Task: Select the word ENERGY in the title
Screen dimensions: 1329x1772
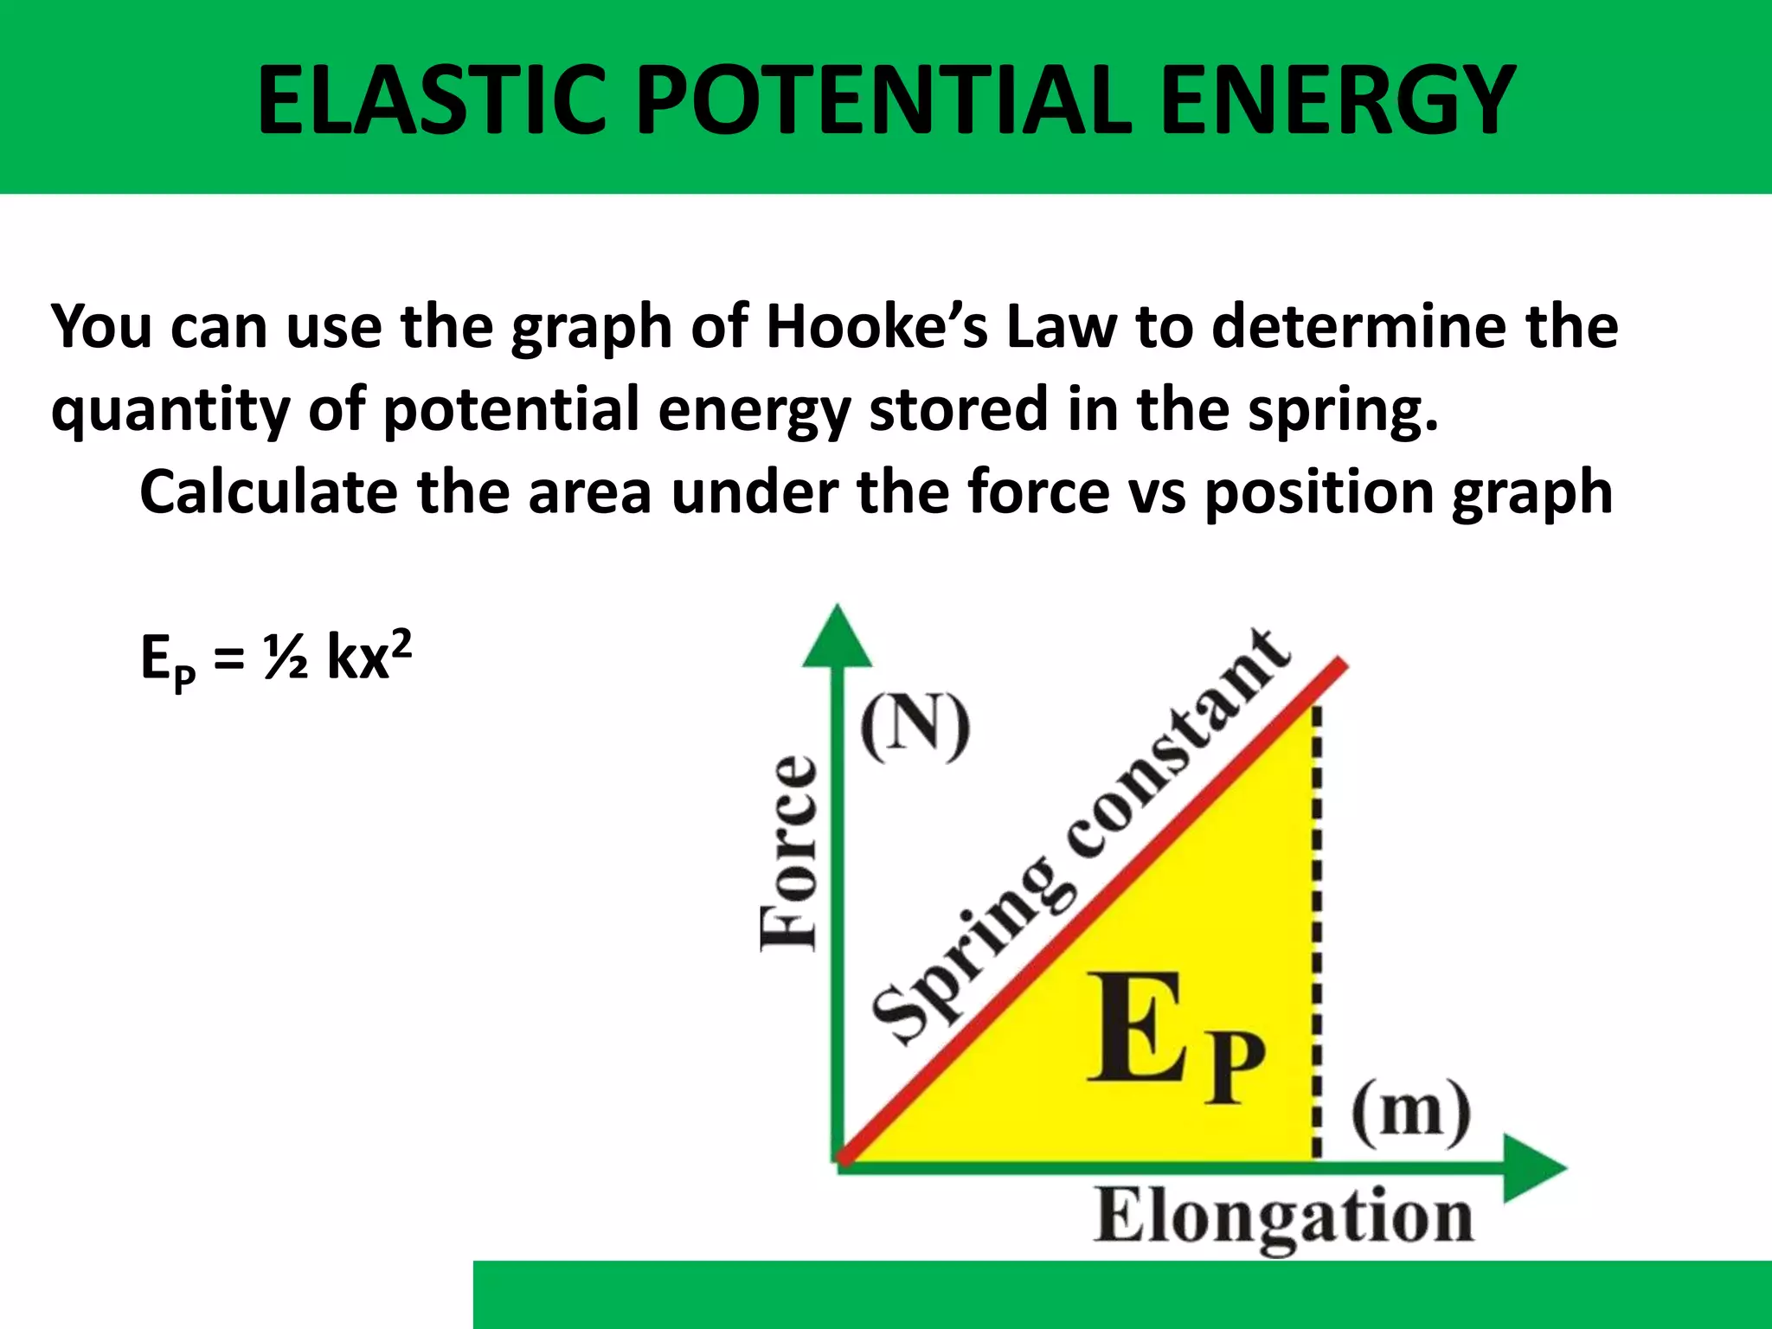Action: coord(1337,101)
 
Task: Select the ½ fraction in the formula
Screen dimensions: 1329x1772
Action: coord(286,658)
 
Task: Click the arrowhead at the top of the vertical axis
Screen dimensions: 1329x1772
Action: coord(837,638)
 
